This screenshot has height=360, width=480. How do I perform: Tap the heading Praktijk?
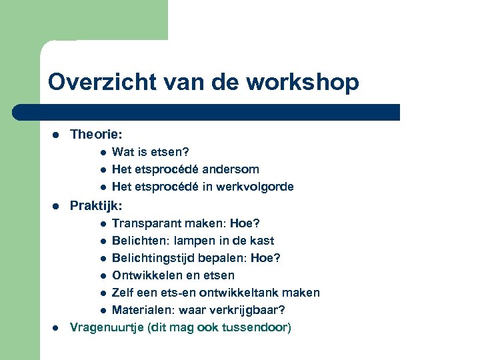(x=96, y=205)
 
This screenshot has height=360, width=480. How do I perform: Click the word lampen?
(x=193, y=240)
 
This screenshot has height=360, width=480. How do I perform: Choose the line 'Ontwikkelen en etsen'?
(x=173, y=275)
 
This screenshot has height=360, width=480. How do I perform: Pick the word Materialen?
(x=142, y=310)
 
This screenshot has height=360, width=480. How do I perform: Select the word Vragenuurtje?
(x=104, y=327)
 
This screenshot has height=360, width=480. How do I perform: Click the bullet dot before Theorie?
(x=57, y=135)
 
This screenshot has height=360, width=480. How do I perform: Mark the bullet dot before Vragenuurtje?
(x=57, y=328)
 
